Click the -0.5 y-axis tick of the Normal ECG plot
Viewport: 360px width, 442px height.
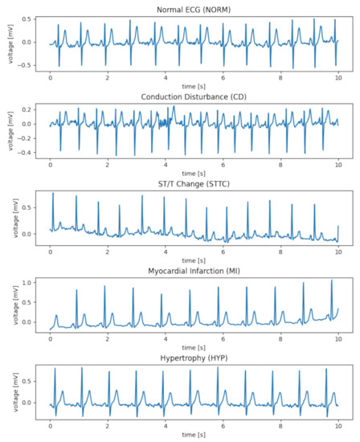26,65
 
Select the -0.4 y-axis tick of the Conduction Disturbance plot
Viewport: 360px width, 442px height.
26,152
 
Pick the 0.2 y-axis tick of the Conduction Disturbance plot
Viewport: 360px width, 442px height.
27,108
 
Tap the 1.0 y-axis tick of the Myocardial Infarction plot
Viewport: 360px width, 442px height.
27,283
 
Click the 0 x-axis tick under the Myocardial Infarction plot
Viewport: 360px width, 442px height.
50,341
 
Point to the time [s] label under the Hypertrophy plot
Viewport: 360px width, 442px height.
194,436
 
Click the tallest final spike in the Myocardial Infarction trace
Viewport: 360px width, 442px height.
332,281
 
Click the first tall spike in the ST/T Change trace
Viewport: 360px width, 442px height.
53,194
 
